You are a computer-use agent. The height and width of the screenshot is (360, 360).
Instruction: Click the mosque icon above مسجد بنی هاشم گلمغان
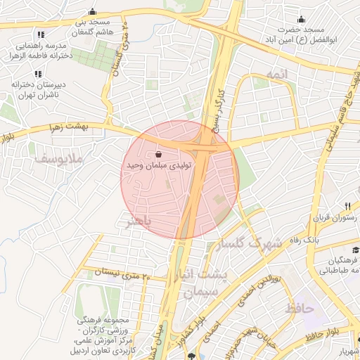click(93, 12)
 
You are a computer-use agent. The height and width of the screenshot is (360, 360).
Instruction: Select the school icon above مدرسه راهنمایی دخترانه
click(40, 34)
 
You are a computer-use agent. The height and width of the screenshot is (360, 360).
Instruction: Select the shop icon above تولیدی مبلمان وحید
click(158, 154)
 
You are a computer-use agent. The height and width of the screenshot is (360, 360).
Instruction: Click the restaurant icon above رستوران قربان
click(347, 205)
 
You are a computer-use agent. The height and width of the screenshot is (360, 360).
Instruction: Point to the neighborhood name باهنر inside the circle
click(138, 222)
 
